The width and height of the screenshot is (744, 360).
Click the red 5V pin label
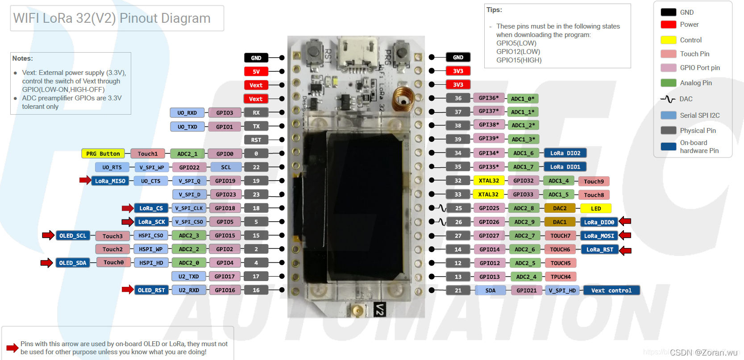pos(256,71)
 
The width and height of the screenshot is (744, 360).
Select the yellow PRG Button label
pos(103,154)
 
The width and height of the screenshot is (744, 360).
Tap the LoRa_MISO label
pos(110,181)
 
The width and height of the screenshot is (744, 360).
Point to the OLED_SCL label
pos(72,236)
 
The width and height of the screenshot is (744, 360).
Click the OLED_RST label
pos(151,290)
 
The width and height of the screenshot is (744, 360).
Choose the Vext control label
pos(611,290)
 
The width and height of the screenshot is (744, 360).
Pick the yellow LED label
pos(595,208)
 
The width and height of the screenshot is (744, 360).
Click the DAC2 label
pos(560,208)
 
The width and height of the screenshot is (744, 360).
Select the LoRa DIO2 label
pos(565,153)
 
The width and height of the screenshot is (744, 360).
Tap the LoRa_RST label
pos(599,249)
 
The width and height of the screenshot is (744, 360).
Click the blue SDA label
pos(490,290)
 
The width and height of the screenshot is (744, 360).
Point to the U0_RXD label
pos(187,113)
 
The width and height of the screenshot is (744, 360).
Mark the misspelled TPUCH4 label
pos(560,277)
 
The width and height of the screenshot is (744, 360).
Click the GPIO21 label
pos(526,290)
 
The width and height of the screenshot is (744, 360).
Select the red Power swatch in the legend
pos(668,25)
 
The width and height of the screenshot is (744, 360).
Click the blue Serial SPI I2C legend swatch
pos(668,115)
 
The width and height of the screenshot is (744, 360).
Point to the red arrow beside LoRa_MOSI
pos(625,236)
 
